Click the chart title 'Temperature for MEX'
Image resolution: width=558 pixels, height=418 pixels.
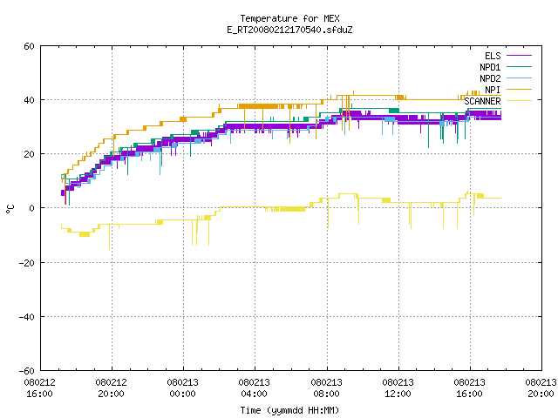click(x=289, y=18)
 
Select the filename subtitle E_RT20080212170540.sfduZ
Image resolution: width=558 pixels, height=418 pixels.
click(x=289, y=30)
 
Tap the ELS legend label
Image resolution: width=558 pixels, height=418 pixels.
click(x=493, y=56)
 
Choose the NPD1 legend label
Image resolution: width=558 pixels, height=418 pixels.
click(x=490, y=67)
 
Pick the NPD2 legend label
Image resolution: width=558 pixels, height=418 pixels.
click(x=490, y=78)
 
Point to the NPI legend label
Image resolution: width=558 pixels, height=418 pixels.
click(x=493, y=90)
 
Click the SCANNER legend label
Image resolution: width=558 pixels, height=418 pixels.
click(x=482, y=101)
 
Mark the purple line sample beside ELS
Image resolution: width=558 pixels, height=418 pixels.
click(x=519, y=56)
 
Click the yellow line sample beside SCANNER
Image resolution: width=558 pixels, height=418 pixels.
click(x=519, y=101)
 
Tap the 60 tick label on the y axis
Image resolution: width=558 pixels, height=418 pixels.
click(x=29, y=46)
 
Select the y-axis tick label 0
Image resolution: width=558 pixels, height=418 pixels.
click(x=32, y=208)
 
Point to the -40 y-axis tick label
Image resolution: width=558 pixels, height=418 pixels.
click(x=27, y=317)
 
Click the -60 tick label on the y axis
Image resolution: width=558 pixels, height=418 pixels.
click(x=27, y=371)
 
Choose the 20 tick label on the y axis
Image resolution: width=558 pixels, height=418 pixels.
click(x=29, y=154)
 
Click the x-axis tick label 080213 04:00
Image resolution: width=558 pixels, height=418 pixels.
click(x=254, y=388)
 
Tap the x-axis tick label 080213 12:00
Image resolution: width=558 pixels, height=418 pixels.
click(x=398, y=388)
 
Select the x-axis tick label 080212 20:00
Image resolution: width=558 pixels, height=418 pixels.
click(x=111, y=388)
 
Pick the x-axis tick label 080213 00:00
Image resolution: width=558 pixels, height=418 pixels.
click(x=182, y=388)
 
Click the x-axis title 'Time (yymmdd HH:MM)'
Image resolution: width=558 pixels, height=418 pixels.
click(x=289, y=410)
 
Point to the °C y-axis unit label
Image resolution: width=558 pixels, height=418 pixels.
click(x=10, y=209)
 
